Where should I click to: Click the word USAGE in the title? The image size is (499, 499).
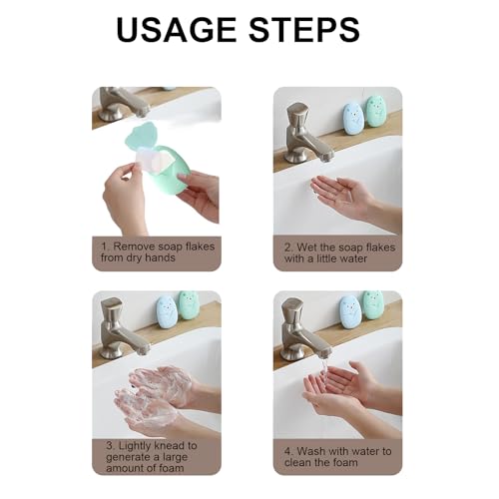tap(177, 30)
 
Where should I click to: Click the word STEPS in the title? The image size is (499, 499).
tap(304, 30)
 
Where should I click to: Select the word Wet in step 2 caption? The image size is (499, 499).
tap(306, 248)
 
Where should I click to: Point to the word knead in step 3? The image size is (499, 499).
tap(169, 445)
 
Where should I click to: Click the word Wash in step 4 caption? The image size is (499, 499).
tap(309, 451)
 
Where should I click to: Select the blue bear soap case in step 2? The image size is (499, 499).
tap(352, 119)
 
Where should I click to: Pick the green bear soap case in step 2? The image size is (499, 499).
tap(375, 111)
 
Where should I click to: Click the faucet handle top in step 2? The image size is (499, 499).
tap(297, 112)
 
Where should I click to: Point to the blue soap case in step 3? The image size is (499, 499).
tap(166, 311)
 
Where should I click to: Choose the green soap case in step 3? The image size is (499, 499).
tap(189, 305)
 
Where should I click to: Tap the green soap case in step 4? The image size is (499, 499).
tap(373, 304)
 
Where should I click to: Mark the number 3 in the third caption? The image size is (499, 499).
tap(110, 446)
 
